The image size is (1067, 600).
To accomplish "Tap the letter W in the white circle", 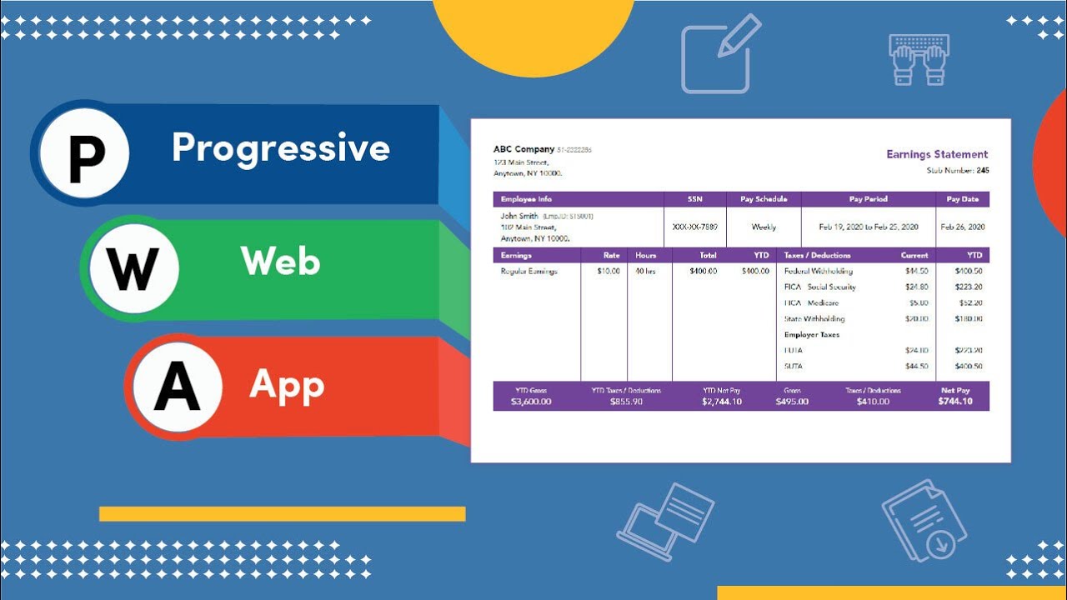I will [133, 268].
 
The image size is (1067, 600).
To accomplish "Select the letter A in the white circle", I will [177, 388].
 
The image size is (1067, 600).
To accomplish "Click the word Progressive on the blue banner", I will [281, 148].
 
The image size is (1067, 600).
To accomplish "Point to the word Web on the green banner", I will [280, 262].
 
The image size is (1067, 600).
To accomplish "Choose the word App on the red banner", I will [286, 385].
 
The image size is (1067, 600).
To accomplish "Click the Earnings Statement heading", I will [937, 154].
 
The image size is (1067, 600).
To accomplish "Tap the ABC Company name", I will [523, 149].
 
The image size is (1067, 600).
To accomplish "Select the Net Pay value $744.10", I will [954, 402].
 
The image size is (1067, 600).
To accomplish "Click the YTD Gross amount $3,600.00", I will [531, 402].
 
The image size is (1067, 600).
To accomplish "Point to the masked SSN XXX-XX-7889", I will [694, 227].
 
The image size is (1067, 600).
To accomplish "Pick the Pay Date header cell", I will [963, 199].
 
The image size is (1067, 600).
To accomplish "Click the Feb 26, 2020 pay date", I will [963, 227].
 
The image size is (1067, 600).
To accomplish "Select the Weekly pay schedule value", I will [764, 227].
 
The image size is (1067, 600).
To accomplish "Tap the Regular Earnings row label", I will [528, 272].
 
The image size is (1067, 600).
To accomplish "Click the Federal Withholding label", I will [819, 272].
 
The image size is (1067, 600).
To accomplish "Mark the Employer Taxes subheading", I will [812, 335].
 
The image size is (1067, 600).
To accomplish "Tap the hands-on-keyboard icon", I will [919, 59].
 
